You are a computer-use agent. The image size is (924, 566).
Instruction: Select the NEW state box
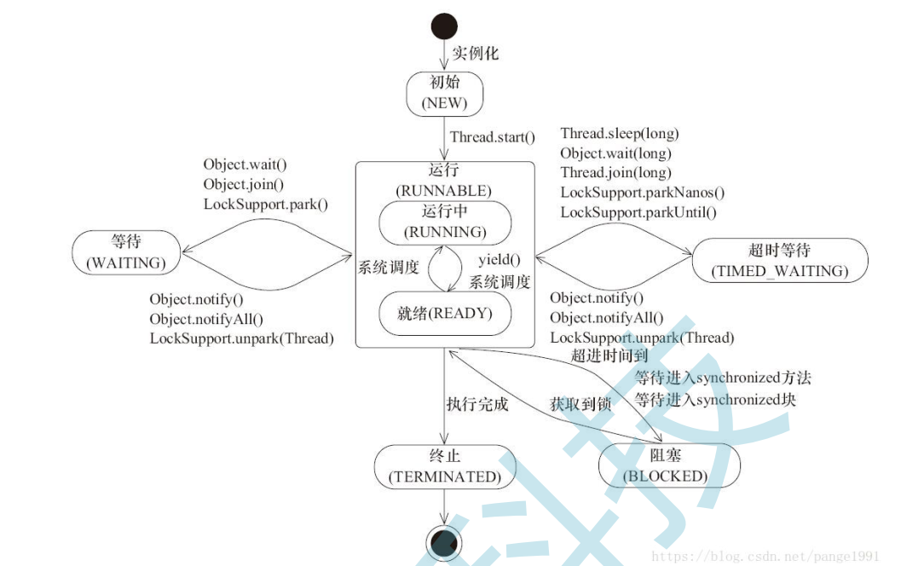tap(444, 93)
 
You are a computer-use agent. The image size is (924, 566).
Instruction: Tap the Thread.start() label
tap(492, 136)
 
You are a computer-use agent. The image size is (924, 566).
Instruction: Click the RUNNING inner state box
tap(444, 222)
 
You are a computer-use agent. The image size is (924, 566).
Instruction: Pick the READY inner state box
tap(444, 313)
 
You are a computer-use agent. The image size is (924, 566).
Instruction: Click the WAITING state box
tap(126, 253)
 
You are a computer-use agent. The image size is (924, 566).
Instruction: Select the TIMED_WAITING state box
tap(780, 260)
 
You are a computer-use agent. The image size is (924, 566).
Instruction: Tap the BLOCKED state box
tap(669, 466)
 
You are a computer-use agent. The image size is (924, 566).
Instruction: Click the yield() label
tap(499, 260)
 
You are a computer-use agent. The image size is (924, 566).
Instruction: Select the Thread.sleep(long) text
tap(619, 133)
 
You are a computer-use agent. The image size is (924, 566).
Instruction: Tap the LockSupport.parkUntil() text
tap(638, 212)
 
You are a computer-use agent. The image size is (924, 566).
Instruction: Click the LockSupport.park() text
tap(265, 204)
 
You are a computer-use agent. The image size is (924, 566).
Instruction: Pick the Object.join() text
tap(243, 183)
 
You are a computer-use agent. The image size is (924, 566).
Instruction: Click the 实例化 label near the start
tap(475, 53)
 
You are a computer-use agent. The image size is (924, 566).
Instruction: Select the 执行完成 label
tap(476, 404)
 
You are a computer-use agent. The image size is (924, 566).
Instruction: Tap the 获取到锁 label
tap(580, 405)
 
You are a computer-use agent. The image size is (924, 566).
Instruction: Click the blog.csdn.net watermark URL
tap(765, 556)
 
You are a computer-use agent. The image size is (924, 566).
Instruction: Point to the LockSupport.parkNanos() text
tap(642, 193)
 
